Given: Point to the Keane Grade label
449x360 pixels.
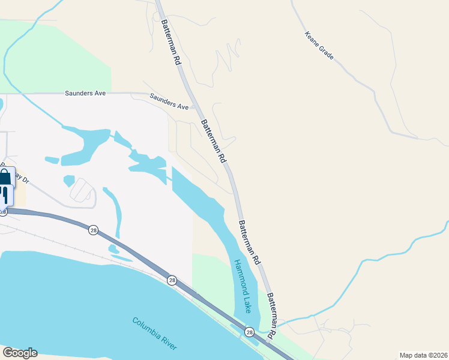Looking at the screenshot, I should point(319,46).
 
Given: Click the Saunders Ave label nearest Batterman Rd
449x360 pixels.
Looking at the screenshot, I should point(169,101).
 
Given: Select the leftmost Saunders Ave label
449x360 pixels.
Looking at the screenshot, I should point(85,94).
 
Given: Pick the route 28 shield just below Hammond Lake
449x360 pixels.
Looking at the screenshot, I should point(249,331).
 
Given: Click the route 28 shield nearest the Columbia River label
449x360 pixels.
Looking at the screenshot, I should point(172,280).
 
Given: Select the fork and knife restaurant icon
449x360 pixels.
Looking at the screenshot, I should point(6,194).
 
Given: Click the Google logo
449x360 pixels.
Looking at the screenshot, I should point(19,353).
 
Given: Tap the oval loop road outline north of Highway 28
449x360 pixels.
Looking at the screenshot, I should point(82,191).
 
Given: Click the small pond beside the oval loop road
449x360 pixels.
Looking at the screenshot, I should point(68,180).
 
